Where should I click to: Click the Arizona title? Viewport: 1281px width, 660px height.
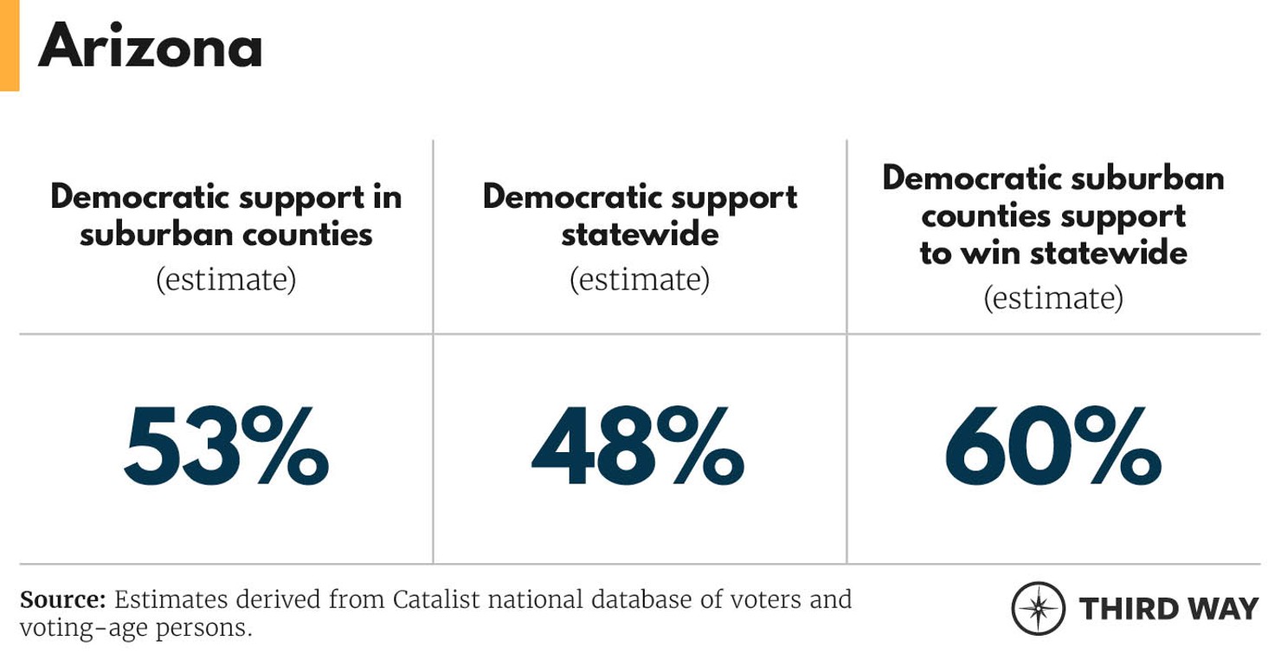coord(150,47)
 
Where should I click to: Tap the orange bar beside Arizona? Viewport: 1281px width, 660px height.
coord(9,45)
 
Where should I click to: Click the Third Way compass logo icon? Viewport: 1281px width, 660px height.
coord(1038,608)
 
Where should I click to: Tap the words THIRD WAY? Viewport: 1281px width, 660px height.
coord(1168,608)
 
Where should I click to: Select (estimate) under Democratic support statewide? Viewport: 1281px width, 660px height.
coord(640,280)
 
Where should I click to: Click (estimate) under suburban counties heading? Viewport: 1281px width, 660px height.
coord(226,280)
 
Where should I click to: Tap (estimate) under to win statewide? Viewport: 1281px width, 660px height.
coord(1053,298)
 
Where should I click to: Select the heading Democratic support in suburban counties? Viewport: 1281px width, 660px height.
coord(226,215)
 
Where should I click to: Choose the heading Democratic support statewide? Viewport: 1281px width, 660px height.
coord(640,215)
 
